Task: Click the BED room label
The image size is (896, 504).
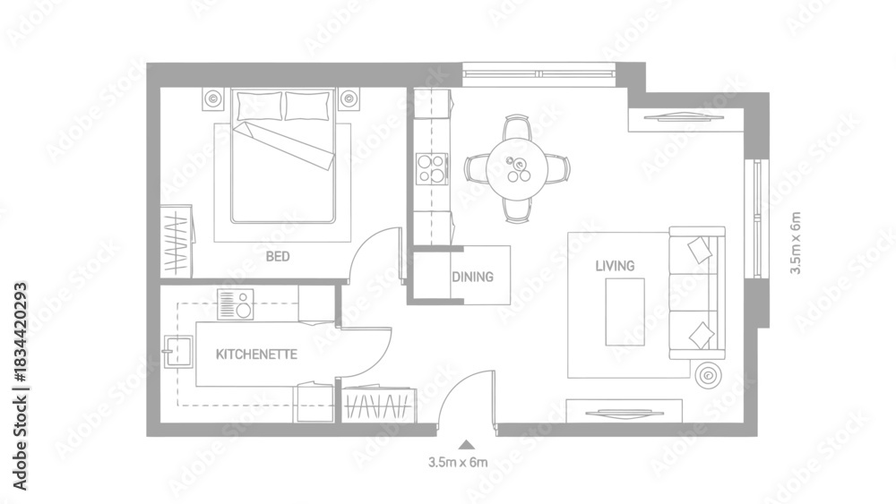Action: [278, 256]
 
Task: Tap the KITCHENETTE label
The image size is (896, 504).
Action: [256, 355]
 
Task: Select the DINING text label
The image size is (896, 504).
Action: [472, 277]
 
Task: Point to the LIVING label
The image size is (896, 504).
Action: [615, 266]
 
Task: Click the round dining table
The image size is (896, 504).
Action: [517, 169]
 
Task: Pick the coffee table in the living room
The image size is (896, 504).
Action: [625, 312]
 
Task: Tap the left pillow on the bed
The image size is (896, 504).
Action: [260, 106]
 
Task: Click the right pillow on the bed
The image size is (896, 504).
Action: [307, 106]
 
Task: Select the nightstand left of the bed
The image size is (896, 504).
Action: [214, 98]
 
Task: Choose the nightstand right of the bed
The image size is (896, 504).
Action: [349, 98]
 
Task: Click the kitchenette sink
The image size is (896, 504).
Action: [177, 353]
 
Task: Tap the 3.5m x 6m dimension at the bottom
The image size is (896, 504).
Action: [458, 462]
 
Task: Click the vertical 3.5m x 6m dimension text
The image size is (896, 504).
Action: [796, 243]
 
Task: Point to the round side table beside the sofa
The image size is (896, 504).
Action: [708, 375]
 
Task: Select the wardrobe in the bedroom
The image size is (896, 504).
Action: [176, 242]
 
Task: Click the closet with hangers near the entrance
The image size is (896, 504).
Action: [379, 406]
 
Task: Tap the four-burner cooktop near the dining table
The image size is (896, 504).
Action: [432, 169]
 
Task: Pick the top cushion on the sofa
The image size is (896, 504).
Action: [700, 250]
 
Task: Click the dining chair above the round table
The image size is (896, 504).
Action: [517, 126]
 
